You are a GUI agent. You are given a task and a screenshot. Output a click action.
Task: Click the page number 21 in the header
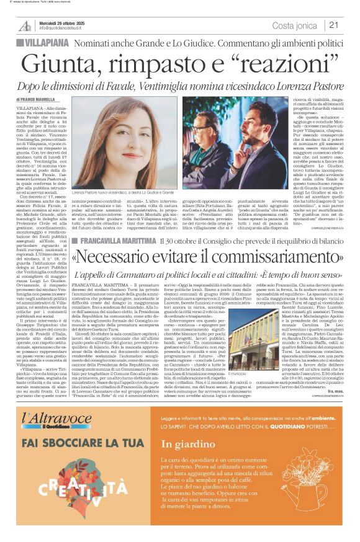(x=334, y=25)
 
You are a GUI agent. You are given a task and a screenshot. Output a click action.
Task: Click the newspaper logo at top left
(x=25, y=25)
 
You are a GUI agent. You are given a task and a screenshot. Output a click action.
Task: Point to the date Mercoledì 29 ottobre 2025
(x=63, y=22)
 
